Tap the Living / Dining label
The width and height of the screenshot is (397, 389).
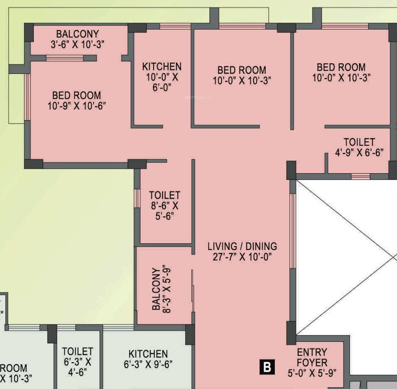pyautogui.click(x=242, y=246)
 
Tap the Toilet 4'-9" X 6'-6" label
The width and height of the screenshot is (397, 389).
pyautogui.click(x=359, y=147)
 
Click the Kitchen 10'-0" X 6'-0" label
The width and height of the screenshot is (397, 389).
pyautogui.click(x=162, y=76)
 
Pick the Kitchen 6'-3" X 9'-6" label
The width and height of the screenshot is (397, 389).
pyautogui.click(x=148, y=359)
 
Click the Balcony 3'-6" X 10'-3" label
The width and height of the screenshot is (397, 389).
pyautogui.click(x=77, y=39)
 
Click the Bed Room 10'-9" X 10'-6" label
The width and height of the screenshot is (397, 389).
pyautogui.click(x=76, y=100)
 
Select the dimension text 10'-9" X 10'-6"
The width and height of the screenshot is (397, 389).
pyautogui.click(x=76, y=106)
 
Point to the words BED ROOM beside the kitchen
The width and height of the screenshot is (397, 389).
pyautogui.click(x=242, y=69)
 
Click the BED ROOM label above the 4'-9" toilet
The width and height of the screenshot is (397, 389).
pyautogui.click(x=341, y=67)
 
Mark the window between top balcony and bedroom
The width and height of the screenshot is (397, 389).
pyautogui.click(x=65, y=58)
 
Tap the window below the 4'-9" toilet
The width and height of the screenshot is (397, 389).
pyautogui.click(x=360, y=176)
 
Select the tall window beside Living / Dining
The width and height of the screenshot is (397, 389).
pyautogui.click(x=293, y=231)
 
